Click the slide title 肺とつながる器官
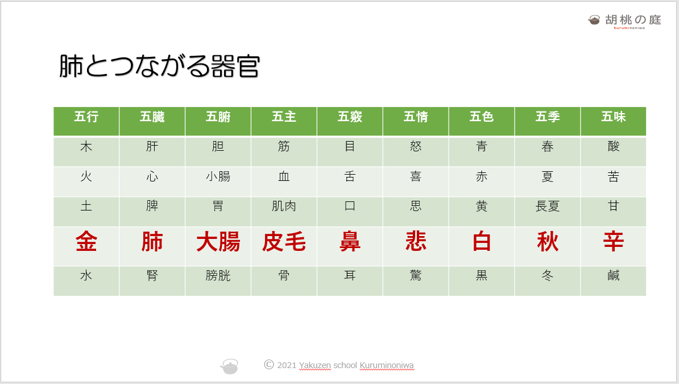tap(159, 67)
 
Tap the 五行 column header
tap(86, 117)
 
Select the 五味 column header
tap(613, 117)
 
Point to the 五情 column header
tap(416, 117)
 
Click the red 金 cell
tap(86, 241)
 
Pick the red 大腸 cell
tap(218, 241)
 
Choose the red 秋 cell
tap(548, 241)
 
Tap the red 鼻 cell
tap(350, 241)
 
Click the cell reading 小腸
tap(218, 176)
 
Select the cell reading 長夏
tap(548, 206)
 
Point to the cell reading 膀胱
tap(218, 275)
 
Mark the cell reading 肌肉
tap(284, 206)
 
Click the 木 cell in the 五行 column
tap(86, 147)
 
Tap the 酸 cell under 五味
tap(613, 147)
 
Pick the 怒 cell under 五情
tap(416, 147)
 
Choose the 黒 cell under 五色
tap(482, 275)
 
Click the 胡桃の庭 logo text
tap(633, 19)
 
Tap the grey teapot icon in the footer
tap(229, 367)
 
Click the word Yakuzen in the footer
tap(315, 365)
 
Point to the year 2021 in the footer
tap(287, 365)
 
